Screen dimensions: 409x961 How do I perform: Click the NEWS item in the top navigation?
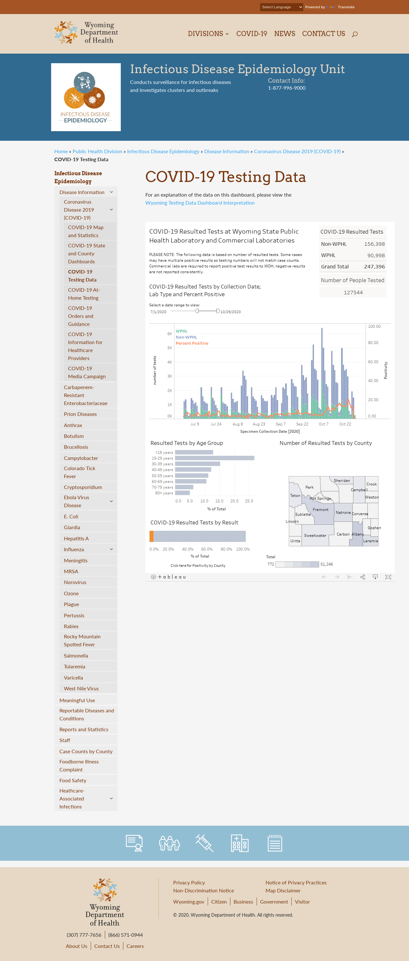[284, 34]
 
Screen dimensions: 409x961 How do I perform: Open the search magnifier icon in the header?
[354, 34]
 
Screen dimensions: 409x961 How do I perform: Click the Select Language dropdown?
[281, 7]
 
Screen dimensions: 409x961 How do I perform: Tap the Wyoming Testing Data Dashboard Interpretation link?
[200, 203]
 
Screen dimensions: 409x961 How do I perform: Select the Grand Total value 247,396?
[374, 267]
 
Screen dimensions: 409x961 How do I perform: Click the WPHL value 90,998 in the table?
[376, 255]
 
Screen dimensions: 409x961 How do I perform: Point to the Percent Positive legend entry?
[192, 343]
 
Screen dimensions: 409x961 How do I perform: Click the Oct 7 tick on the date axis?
[323, 424]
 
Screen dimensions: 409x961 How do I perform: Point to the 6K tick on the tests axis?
[170, 334]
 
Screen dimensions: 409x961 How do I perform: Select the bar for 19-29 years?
[214, 458]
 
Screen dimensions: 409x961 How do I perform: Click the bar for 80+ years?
[182, 493]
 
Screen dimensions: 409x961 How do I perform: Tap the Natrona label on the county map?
[343, 512]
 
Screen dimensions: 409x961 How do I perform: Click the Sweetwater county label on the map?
[315, 535]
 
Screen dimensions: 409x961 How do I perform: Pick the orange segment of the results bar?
[151, 536]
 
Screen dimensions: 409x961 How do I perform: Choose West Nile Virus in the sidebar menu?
[81, 688]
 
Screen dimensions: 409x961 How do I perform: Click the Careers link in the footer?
[135, 946]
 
